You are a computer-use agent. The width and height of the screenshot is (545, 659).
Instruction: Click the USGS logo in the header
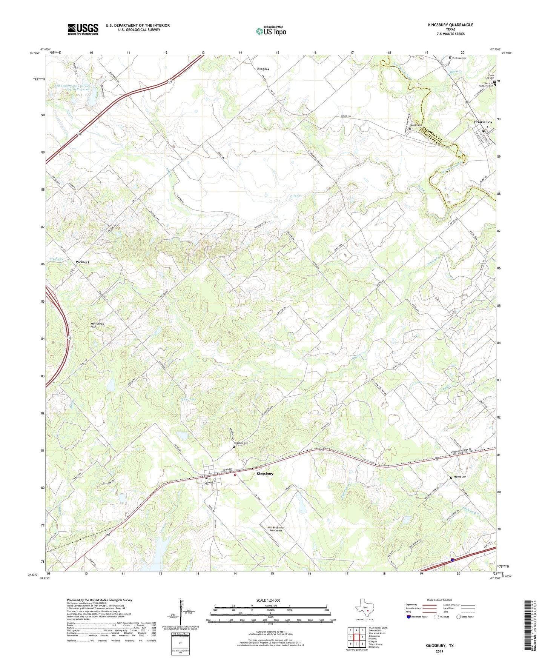click(83, 29)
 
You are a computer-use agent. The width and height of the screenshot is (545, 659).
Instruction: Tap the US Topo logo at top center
click(271, 31)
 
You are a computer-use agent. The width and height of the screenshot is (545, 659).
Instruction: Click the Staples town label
click(263, 69)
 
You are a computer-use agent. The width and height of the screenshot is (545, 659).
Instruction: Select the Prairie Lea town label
click(483, 122)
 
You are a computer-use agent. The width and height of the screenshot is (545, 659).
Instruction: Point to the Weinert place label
click(82, 262)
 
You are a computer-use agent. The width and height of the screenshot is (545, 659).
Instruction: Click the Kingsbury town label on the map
click(265, 473)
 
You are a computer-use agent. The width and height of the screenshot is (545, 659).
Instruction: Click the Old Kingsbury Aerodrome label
click(275, 529)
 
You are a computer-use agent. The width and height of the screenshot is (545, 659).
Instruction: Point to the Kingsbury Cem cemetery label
click(241, 443)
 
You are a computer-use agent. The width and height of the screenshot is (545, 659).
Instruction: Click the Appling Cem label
click(460, 477)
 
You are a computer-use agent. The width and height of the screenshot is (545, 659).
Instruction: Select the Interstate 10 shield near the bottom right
click(452, 560)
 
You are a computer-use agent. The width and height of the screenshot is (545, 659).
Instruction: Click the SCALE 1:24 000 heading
click(268, 600)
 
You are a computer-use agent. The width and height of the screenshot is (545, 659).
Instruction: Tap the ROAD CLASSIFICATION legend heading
click(439, 600)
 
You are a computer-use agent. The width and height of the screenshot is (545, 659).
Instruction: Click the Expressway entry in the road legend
click(411, 605)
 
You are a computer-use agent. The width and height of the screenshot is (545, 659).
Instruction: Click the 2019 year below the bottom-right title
click(439, 651)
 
